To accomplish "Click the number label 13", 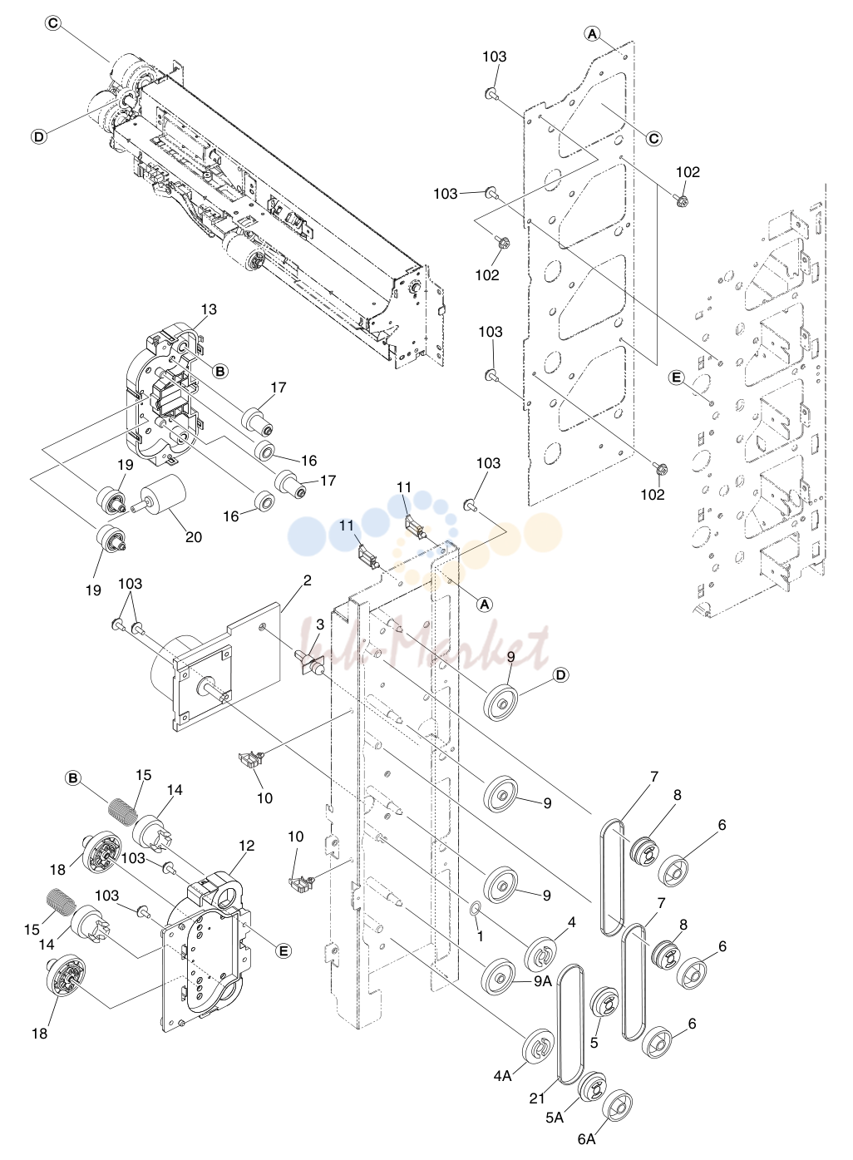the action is tap(209, 309).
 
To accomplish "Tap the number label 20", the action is tap(194, 537).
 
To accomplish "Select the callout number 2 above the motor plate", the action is tap(307, 580).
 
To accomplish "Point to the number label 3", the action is tap(320, 625).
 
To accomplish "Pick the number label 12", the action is tap(247, 846).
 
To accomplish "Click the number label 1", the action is tap(480, 935).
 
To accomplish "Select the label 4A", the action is tap(502, 1075).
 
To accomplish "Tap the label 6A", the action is tap(587, 1138).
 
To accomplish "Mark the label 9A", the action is tap(543, 980).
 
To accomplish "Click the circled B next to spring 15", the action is tap(73, 778).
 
